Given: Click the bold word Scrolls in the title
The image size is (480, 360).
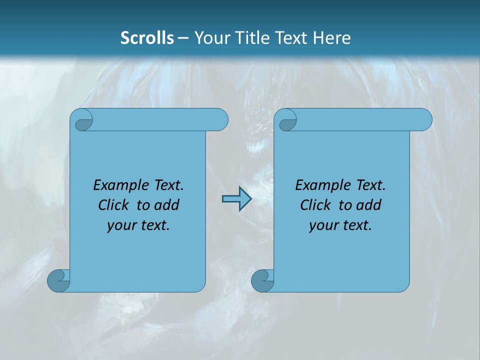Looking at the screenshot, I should pyautogui.click(x=147, y=37).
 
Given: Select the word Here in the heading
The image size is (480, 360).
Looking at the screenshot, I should pyautogui.click(x=332, y=37).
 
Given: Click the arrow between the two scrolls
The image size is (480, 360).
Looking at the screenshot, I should pyautogui.click(x=236, y=199).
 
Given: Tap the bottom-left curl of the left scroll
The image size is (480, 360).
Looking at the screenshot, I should pyautogui.click(x=58, y=280).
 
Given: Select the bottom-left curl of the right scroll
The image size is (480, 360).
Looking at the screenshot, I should pyautogui.click(x=262, y=280).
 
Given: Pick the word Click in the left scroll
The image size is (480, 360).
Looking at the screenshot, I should pyautogui.click(x=113, y=205).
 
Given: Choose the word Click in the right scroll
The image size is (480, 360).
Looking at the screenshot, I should pyautogui.click(x=315, y=205).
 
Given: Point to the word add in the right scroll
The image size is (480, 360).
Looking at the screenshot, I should pyautogui.click(x=369, y=205).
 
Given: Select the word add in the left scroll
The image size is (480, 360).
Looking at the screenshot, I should pyautogui.click(x=167, y=205).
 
